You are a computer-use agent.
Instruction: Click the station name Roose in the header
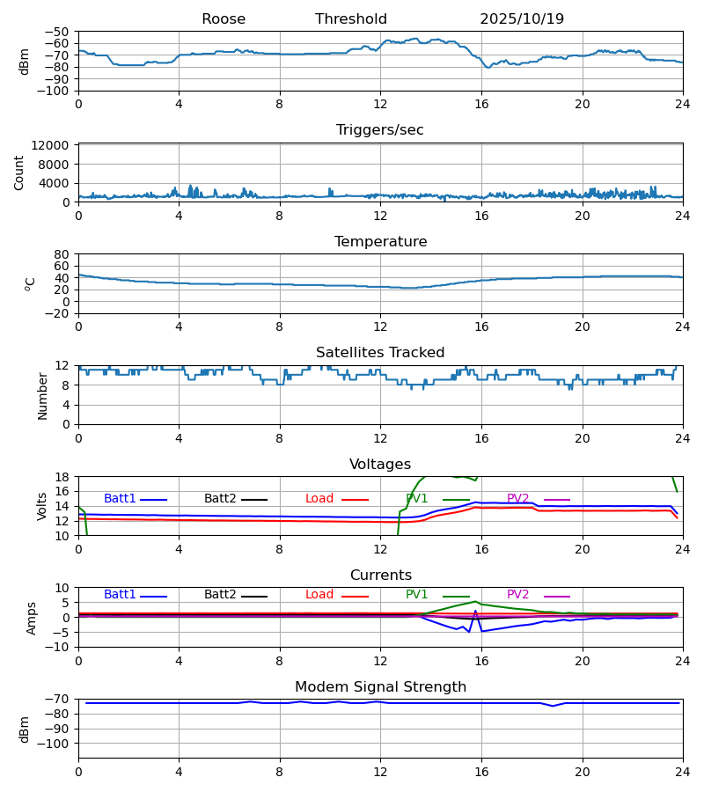224,19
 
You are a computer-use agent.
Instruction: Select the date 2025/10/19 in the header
522,19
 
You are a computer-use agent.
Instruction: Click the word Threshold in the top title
351,19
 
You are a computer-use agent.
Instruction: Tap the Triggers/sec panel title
380,130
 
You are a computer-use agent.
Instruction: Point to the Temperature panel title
380,242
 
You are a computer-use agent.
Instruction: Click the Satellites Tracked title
380,353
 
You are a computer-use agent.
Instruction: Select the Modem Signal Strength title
380,687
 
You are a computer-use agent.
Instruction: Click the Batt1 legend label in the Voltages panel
120,499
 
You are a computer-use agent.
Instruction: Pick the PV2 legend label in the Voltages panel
518,499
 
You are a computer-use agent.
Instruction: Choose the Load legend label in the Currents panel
319,595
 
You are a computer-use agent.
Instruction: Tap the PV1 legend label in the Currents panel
417,595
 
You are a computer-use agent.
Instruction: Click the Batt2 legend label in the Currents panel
220,595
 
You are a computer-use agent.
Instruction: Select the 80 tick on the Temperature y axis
62,254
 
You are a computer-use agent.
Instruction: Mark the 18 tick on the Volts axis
62,477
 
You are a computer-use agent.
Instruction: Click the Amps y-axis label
32,618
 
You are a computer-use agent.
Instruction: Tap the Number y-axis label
42,395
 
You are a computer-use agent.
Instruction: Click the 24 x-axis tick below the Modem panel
683,772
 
